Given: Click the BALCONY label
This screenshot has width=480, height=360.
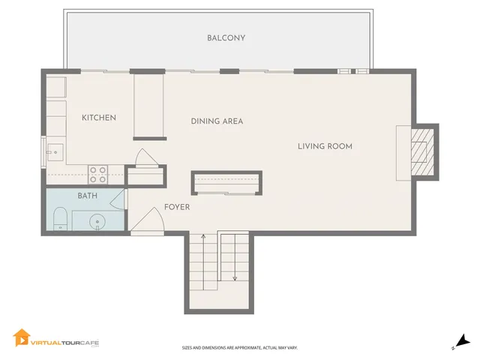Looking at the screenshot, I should tap(226, 38).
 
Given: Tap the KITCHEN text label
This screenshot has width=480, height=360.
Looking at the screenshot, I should tap(99, 118).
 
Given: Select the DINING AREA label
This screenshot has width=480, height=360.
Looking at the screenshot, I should tap(217, 121).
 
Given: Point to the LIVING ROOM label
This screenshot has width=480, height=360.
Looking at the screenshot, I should tap(325, 146).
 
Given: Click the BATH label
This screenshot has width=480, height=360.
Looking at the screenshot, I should tap(87, 196).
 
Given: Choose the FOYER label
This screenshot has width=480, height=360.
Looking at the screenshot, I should tap(177, 208).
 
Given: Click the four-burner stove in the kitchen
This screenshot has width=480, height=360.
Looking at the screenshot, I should tap(98, 175).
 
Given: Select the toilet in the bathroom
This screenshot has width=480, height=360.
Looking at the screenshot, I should tap(61, 220).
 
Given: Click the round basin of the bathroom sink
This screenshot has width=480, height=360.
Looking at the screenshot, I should tap(96, 222).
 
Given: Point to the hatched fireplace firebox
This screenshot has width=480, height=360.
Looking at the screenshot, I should tap(421, 150).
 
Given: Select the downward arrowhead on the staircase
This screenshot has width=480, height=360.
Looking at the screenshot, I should tap(235, 278).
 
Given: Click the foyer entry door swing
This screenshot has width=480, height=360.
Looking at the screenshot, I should tap(148, 219).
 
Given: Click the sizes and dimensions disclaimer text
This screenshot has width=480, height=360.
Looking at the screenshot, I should tap(239, 347).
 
